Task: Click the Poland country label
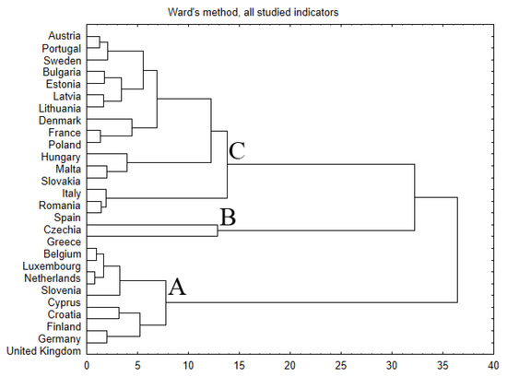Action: tap(62, 145)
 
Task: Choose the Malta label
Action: tap(65, 169)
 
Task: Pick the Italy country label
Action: tap(68, 193)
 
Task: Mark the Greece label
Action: tap(62, 242)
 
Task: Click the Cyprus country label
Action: tap(62, 302)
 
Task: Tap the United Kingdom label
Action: tap(43, 350)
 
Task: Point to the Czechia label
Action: tap(60, 230)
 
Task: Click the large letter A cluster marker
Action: tap(177, 289)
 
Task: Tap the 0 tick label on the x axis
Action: tap(87, 365)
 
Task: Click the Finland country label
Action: tap(62, 326)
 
